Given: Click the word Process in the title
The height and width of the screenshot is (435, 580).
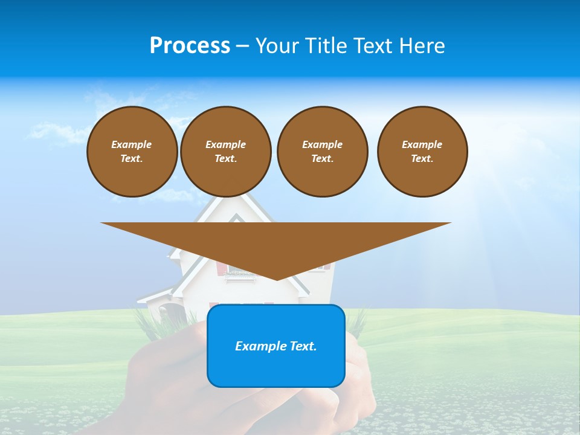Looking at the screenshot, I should click(190, 46).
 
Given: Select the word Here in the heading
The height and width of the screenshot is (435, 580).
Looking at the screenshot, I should click(423, 46).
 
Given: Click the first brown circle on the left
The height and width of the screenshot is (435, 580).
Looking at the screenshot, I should click(132, 152).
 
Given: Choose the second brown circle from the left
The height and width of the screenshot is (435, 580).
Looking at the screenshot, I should click(225, 152).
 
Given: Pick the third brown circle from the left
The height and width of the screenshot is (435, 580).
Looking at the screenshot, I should click(322, 152).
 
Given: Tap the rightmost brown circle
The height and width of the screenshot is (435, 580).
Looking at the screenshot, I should click(422, 152).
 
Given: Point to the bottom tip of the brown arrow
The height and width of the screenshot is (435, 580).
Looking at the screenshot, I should click(277, 279).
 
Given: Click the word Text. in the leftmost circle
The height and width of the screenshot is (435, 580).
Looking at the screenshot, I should click(132, 159).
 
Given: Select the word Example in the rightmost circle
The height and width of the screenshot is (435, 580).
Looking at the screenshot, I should click(422, 144).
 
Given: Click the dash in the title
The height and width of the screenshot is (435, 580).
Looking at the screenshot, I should click(243, 46).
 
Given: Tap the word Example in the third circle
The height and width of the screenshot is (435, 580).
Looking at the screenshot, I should click(322, 144).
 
